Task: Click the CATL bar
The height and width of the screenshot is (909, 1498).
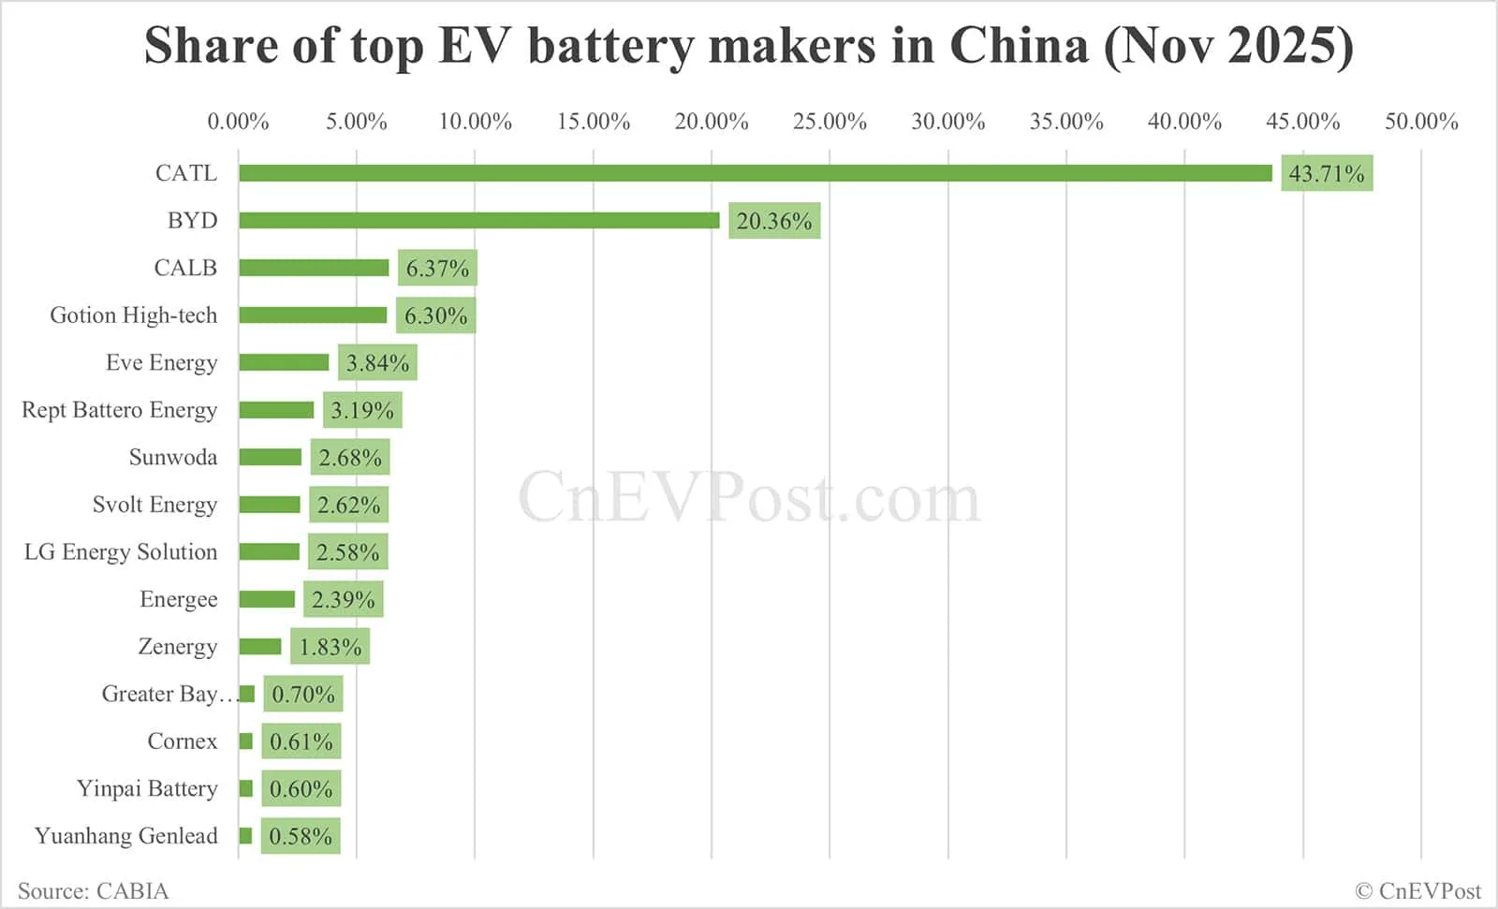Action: pyautogui.click(x=755, y=173)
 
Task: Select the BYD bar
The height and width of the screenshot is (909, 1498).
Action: pyautogui.click(x=478, y=220)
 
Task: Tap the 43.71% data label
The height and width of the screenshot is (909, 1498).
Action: pyautogui.click(x=1326, y=173)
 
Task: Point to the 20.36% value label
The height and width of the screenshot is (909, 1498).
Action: pyautogui.click(x=773, y=221)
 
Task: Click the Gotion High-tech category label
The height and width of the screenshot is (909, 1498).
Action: pyautogui.click(x=133, y=315)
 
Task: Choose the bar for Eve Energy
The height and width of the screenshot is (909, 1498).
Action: pyautogui.click(x=284, y=362)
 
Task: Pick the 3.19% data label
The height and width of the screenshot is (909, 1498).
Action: pyautogui.click(x=361, y=410)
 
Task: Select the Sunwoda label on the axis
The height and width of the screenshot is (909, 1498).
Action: pyautogui.click(x=172, y=458)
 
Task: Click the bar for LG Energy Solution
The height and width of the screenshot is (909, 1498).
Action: pyautogui.click(x=269, y=552)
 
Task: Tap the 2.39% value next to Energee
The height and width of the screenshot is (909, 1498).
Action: pyautogui.click(x=343, y=600)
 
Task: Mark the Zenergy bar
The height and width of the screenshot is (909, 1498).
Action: pyautogui.click(x=259, y=647)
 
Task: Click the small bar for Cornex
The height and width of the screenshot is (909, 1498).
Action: pyautogui.click(x=245, y=741)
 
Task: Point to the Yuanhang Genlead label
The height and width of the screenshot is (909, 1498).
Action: pyautogui.click(x=125, y=836)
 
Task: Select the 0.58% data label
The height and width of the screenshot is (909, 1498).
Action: pyautogui.click(x=300, y=837)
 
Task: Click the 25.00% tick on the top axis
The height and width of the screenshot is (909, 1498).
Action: pyautogui.click(x=830, y=122)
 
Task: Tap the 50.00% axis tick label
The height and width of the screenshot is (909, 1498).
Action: pyautogui.click(x=1421, y=122)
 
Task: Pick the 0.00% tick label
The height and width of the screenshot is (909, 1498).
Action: pyautogui.click(x=238, y=122)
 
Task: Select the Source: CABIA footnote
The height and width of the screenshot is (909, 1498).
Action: pyautogui.click(x=93, y=890)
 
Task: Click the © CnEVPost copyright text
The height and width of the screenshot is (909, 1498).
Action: pyautogui.click(x=1417, y=890)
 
